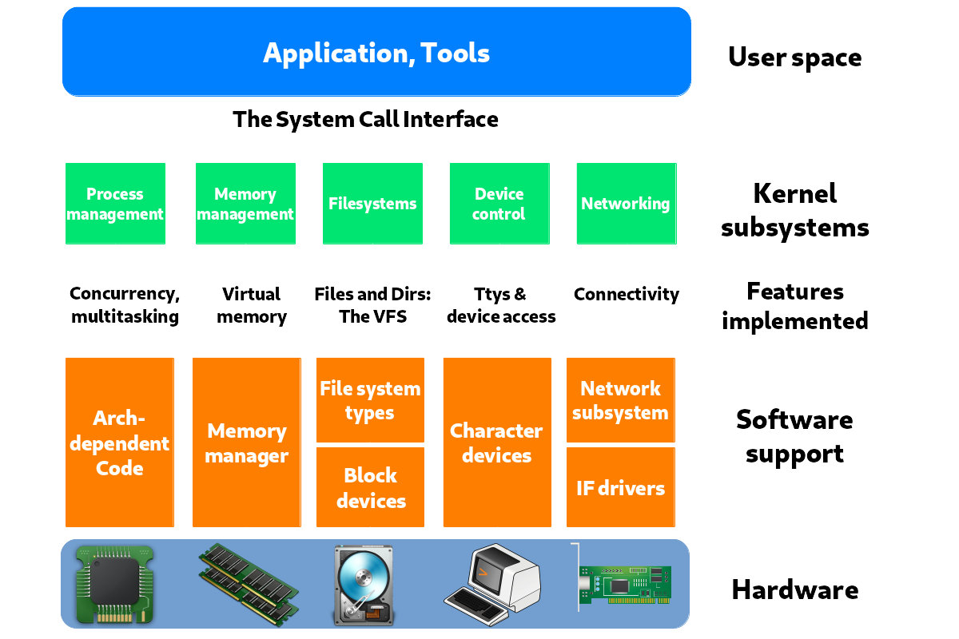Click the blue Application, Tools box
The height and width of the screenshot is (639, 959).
(x=376, y=53)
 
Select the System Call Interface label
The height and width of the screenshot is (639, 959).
(x=365, y=120)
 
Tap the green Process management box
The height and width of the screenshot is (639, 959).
(x=115, y=204)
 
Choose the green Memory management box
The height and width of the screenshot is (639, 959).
(x=245, y=204)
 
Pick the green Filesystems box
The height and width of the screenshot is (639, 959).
(x=372, y=204)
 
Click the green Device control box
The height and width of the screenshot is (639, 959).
(x=499, y=204)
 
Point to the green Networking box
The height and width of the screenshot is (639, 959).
(x=626, y=204)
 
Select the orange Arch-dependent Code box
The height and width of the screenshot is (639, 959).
(x=119, y=443)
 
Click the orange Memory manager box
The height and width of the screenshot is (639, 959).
(x=246, y=443)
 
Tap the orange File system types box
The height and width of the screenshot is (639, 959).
(x=370, y=400)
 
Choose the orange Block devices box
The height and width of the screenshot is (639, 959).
(x=370, y=487)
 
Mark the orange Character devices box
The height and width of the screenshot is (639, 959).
(x=497, y=443)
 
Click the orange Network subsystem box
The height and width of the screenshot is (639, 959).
(x=620, y=400)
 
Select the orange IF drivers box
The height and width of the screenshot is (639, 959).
(x=620, y=487)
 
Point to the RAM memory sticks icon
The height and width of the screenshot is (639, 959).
(x=248, y=583)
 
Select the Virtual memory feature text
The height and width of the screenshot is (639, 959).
(x=251, y=305)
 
